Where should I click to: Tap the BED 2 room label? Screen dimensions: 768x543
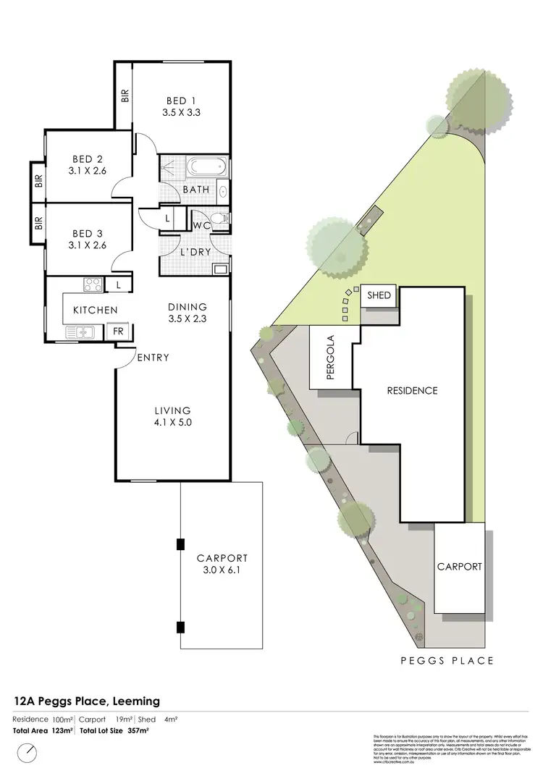(87, 165)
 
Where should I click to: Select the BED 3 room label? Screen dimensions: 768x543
(87, 239)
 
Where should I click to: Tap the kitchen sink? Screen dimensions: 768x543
(81, 332)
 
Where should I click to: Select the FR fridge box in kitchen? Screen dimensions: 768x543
(117, 332)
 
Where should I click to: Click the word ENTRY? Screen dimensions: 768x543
(152, 358)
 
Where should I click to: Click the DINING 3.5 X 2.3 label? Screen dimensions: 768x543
(188, 312)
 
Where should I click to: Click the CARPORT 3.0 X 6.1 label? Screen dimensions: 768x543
(222, 564)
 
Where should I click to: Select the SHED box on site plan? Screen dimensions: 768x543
(379, 295)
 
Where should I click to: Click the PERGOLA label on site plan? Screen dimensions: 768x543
(330, 357)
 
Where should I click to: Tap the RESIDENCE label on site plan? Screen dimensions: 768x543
(412, 391)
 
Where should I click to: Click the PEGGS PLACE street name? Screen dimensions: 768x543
(447, 660)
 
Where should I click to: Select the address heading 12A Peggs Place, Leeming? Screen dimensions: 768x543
(87, 701)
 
